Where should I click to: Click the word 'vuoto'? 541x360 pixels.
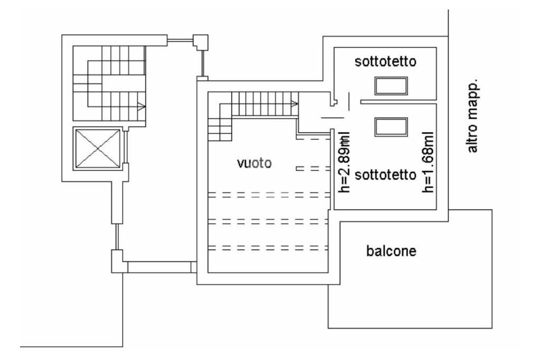(x=254, y=164)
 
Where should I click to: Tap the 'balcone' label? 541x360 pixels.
(x=391, y=251)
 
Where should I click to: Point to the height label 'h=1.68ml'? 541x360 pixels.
(x=428, y=162)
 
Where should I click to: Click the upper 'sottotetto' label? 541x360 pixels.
(x=386, y=62)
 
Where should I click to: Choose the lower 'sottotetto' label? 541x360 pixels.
(x=386, y=175)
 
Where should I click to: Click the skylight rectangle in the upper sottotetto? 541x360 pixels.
(x=391, y=85)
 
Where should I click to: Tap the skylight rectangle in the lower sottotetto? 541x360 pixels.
(x=391, y=126)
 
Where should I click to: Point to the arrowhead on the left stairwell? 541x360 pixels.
(x=141, y=106)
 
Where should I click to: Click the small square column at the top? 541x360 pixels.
(x=201, y=41)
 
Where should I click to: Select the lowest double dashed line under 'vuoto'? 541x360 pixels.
(x=266, y=247)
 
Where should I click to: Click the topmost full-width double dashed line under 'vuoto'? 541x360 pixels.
(x=266, y=195)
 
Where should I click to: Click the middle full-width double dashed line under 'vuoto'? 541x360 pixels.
(x=266, y=221)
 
